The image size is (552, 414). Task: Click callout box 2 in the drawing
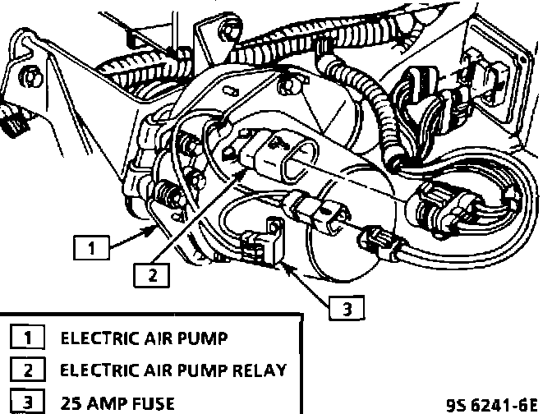(151, 276)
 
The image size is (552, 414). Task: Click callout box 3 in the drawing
(346, 309)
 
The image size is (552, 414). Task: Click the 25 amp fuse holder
(260, 246)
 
